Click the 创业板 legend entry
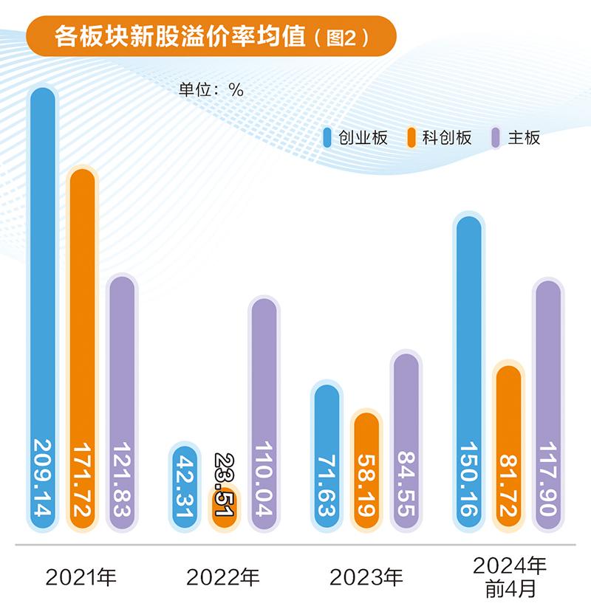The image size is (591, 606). pyautogui.click(x=355, y=137)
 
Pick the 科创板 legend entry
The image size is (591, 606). pyautogui.click(x=439, y=137)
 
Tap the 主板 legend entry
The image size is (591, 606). pyautogui.click(x=516, y=137)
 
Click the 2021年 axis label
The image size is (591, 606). pyautogui.click(x=81, y=576)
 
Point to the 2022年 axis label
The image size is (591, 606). pyautogui.click(x=223, y=576)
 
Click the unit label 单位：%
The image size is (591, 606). pyautogui.click(x=211, y=89)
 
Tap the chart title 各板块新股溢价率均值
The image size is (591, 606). pyautogui.click(x=180, y=38)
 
